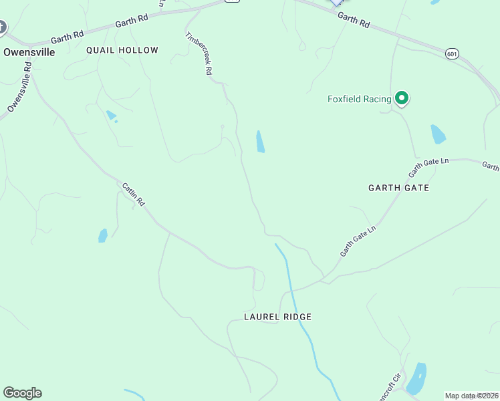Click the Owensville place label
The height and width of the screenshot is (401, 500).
(x=29, y=51)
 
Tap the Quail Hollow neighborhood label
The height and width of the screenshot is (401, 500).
(x=122, y=50)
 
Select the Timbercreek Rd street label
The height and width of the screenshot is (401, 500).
(x=199, y=53)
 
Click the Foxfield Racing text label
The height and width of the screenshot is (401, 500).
(x=359, y=100)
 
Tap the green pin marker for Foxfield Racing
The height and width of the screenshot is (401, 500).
(x=402, y=99)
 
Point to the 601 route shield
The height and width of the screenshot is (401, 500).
(x=453, y=53)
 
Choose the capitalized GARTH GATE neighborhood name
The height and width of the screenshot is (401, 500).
(x=398, y=188)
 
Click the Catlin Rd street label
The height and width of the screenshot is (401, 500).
(x=134, y=194)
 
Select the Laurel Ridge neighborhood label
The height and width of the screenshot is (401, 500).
(x=278, y=317)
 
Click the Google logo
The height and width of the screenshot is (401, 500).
(x=22, y=393)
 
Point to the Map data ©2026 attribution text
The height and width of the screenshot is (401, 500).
(x=472, y=396)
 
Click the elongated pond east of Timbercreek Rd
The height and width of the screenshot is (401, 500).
(x=260, y=141)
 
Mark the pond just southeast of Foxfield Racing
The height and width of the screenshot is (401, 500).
(x=438, y=134)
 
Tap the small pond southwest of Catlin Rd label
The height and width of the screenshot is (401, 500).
(x=103, y=235)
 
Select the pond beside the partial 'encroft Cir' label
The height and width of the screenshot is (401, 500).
(x=416, y=378)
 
